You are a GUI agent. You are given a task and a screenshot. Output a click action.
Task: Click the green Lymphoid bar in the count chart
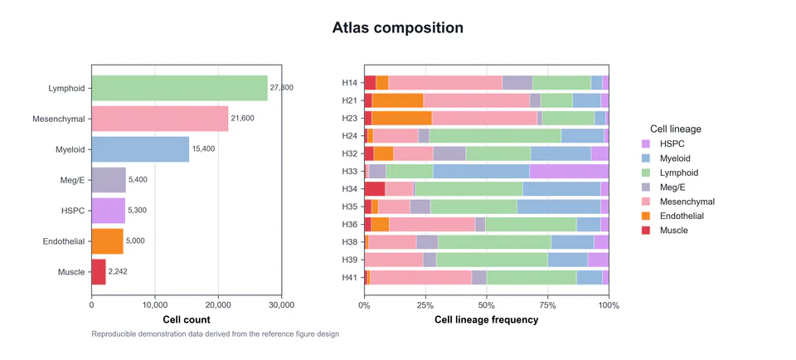[179, 88]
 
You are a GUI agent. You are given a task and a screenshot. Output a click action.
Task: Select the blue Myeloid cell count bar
[140, 149]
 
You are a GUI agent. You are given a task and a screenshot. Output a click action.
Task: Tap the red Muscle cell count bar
[99, 271]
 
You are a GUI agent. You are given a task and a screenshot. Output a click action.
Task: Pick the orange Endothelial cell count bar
[107, 241]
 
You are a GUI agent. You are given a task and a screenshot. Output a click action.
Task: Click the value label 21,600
[243, 119]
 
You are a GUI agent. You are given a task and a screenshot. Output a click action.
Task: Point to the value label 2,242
[118, 271]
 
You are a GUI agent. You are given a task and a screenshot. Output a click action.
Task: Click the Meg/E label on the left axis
[73, 180]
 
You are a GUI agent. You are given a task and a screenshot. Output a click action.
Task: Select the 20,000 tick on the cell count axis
[218, 305]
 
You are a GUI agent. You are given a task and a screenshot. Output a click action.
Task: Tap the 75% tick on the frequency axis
[548, 305]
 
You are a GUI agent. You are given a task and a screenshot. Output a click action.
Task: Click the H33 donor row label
[350, 172]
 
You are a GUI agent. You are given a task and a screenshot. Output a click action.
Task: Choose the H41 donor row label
[350, 278]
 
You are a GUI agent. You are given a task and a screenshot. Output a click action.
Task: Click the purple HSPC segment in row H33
[569, 172]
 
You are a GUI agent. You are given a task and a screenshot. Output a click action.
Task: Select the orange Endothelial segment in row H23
[401, 119]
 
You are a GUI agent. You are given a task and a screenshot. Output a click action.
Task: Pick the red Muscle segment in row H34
[375, 189]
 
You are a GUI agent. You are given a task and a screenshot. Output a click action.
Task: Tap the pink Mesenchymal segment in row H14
[445, 83]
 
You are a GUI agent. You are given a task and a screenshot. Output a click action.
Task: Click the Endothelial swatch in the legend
[646, 216]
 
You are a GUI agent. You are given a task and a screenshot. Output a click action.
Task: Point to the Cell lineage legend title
[676, 129]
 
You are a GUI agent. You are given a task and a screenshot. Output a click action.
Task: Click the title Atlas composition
[397, 27]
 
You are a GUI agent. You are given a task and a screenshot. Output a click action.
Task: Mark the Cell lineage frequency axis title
[487, 320]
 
